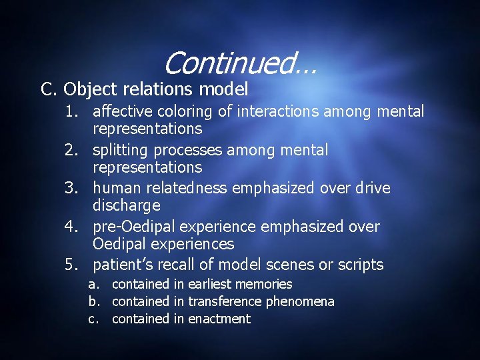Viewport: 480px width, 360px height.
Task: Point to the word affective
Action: click(x=123, y=111)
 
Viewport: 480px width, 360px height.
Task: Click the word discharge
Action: click(x=127, y=205)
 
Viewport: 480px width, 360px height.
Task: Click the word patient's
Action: click(x=123, y=265)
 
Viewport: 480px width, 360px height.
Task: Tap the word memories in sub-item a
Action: click(x=263, y=285)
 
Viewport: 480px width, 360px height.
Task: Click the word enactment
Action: click(x=219, y=319)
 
